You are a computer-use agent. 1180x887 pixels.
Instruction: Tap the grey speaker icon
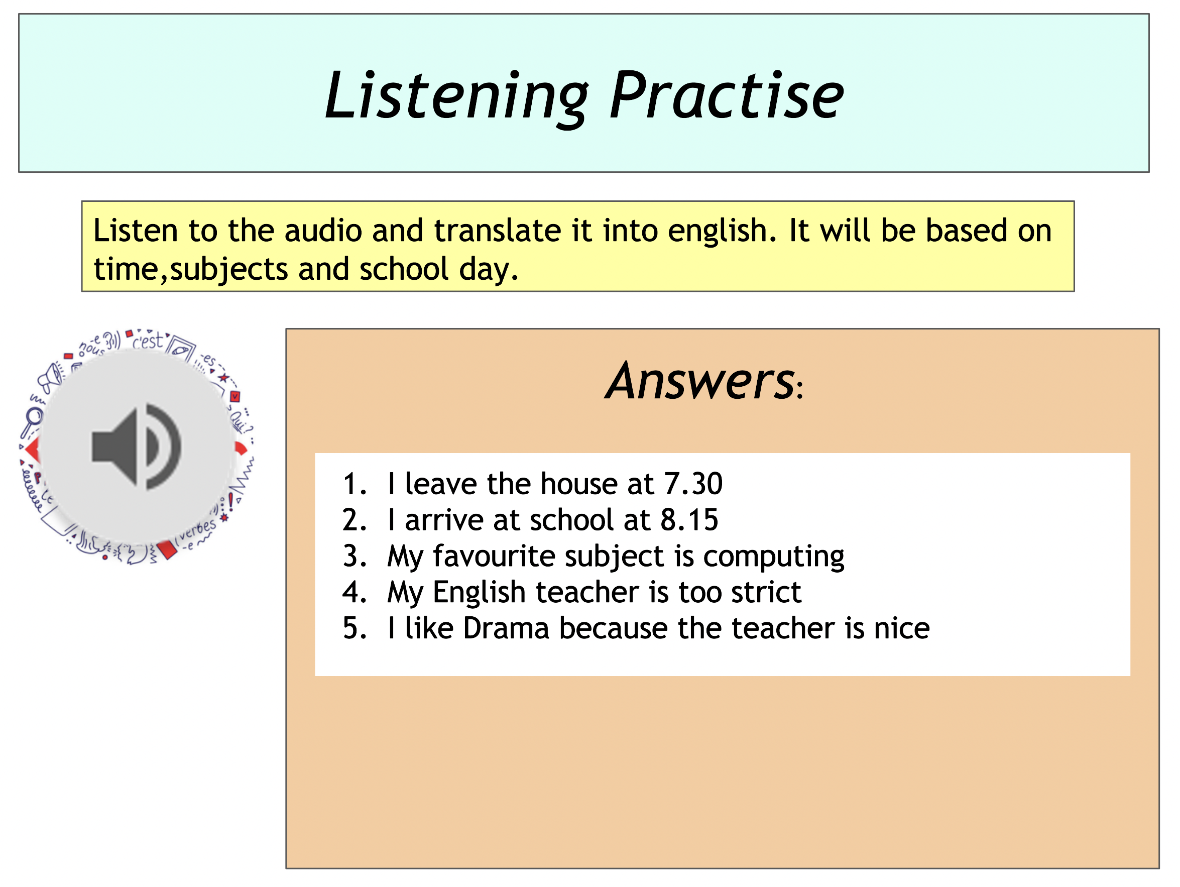(137, 447)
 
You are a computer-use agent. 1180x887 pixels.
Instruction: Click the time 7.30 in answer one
(693, 484)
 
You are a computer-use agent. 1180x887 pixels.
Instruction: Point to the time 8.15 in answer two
(689, 520)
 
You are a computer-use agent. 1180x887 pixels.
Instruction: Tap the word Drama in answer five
(506, 628)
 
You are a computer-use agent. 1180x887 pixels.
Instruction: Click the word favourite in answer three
(494, 556)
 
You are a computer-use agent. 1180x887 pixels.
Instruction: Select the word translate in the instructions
(497, 231)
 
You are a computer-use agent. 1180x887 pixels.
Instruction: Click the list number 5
(355, 628)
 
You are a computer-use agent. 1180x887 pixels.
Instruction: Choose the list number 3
(355, 556)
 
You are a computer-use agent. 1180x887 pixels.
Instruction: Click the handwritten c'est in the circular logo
(148, 341)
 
